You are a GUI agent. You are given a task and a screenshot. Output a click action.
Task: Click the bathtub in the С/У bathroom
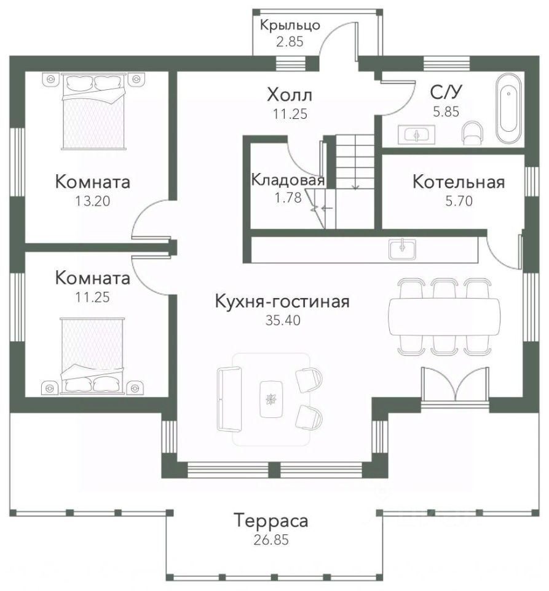508,109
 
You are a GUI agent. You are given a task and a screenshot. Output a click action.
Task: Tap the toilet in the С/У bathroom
472,132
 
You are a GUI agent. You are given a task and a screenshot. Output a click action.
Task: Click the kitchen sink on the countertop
402,249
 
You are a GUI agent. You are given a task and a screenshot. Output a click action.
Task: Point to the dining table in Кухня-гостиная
444,316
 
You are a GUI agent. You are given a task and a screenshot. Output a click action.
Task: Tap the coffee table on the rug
271,399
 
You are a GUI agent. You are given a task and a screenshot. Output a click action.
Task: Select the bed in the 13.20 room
93,111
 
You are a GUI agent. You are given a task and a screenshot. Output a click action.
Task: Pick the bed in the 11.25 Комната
92,356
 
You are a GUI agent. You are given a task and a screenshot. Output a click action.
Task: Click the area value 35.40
283,320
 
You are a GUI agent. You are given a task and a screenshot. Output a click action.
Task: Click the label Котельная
459,182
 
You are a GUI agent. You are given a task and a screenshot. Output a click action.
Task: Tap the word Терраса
271,521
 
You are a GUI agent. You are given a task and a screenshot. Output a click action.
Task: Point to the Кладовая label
288,180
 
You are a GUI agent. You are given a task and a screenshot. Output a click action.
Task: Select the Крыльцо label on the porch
290,25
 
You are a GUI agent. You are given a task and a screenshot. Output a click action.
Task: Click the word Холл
290,95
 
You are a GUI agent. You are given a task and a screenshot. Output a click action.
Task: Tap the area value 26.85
271,540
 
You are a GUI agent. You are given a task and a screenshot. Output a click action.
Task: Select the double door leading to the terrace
456,386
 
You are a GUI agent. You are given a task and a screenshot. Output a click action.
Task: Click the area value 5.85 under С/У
446,112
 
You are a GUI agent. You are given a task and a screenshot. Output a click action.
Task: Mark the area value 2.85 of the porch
290,41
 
